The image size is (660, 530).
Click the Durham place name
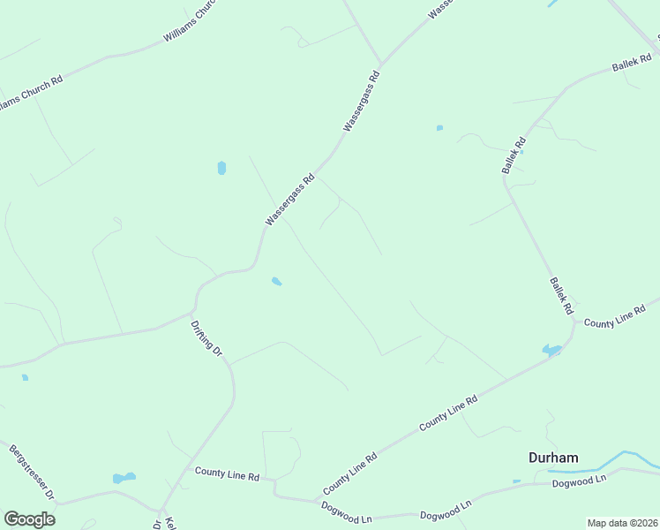pos(553,458)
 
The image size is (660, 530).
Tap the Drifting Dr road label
pos(207,338)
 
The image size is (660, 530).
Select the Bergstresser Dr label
pos(32,471)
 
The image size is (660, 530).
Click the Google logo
pos(29,519)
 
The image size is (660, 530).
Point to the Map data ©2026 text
pos(622,523)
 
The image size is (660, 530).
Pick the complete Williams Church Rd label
pos(190,26)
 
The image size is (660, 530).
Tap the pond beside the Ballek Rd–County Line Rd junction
pos(551,351)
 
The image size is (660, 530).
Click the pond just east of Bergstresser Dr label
pos(124,479)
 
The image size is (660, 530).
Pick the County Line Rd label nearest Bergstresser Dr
pos(227,476)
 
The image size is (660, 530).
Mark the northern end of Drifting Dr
pos(191,312)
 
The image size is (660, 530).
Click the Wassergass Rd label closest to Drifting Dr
pos(289,201)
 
